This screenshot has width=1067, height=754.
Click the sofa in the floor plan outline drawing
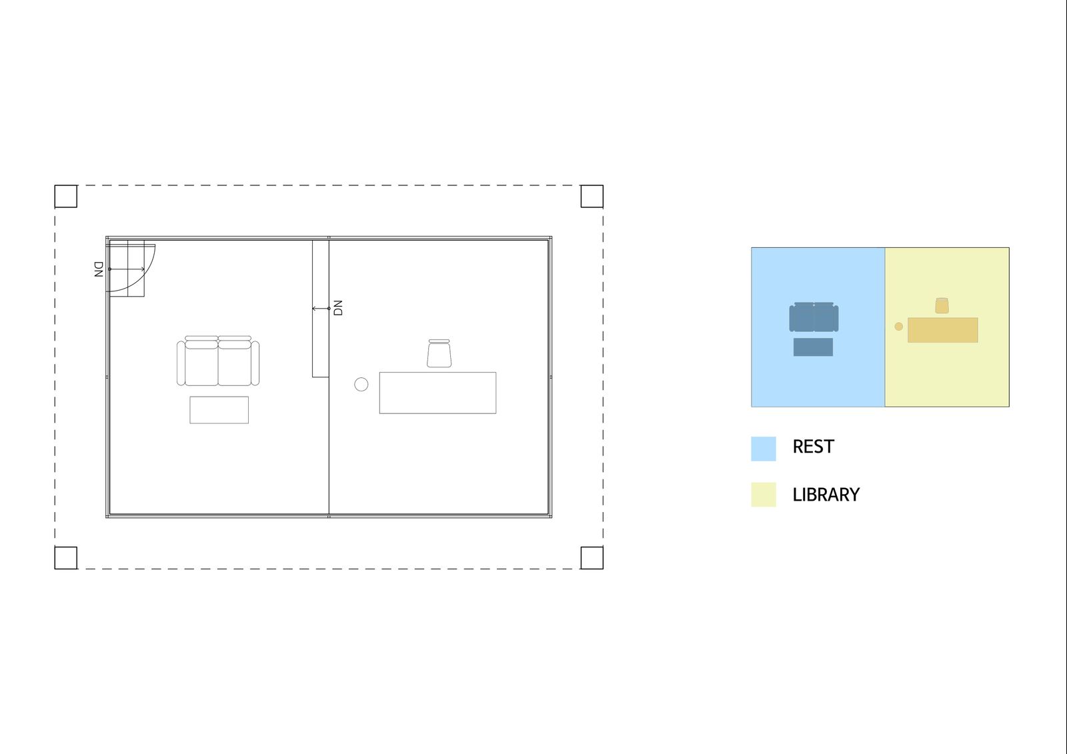pos(218,361)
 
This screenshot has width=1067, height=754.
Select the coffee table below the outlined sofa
pos(219,409)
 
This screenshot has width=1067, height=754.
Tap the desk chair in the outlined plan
pos(439,353)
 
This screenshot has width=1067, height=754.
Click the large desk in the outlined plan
pos(437,393)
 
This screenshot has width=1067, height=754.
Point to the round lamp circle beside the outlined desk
pos(361,385)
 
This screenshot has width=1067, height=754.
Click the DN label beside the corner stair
pos(99,269)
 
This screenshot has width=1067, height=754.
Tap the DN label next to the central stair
pos(338,308)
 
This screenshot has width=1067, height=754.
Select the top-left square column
pos(66,196)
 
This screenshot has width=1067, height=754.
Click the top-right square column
pos(592,196)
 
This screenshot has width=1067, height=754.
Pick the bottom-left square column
pos(66,558)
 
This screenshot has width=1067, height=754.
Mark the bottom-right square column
pos(592,558)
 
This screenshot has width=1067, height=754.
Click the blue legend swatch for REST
pos(764,449)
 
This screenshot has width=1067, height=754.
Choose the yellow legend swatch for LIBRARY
pos(764,495)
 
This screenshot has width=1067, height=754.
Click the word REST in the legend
pos(814,447)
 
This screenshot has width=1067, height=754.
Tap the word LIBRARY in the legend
pos(826,495)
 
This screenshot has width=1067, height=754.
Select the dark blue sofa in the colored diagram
pos(814,317)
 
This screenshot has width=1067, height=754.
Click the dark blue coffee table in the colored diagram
pos(813,347)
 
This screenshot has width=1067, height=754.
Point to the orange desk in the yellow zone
pos(943,330)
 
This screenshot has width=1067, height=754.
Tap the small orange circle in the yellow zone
pos(899,327)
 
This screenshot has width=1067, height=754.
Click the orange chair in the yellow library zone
pos(942,306)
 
